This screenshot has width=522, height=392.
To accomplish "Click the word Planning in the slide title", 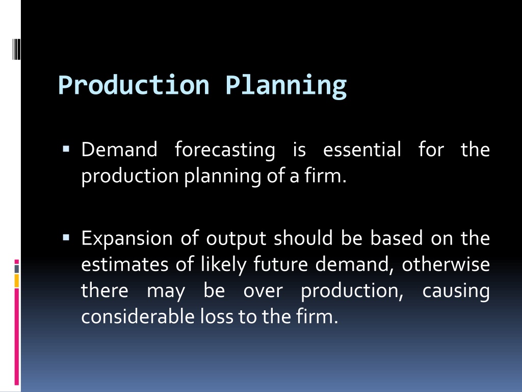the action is pyautogui.click(x=286, y=86).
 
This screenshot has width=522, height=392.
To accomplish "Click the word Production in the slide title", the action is pyautogui.click(x=134, y=85).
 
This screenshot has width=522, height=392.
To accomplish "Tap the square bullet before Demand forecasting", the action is pyautogui.click(x=66, y=149).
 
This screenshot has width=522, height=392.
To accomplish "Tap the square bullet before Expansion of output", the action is pyautogui.click(x=66, y=238).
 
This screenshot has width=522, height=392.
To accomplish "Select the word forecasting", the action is pyautogui.click(x=225, y=150).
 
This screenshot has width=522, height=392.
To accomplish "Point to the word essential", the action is pyautogui.click(x=362, y=150).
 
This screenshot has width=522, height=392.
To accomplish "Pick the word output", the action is pyautogui.click(x=236, y=239).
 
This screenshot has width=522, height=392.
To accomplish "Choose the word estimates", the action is pyautogui.click(x=125, y=265).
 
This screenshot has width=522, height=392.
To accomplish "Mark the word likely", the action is pyautogui.click(x=224, y=265).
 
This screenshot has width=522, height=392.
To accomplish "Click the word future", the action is pyautogui.click(x=281, y=264).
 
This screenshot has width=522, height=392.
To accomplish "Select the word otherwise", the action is pyautogui.click(x=446, y=264).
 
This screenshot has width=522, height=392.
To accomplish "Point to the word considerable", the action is pyautogui.click(x=138, y=316).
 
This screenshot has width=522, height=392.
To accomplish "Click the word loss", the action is pyautogui.click(x=217, y=316).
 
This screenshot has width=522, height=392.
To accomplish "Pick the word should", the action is pyautogui.click(x=303, y=238).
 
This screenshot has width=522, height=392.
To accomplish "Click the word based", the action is pyautogui.click(x=397, y=238).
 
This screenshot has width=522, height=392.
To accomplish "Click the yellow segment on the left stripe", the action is pyautogui.click(x=17, y=281).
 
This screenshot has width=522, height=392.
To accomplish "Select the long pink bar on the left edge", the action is pyautogui.click(x=17, y=337).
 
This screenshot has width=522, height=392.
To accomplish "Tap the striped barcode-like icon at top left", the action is pyautogui.click(x=17, y=50).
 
